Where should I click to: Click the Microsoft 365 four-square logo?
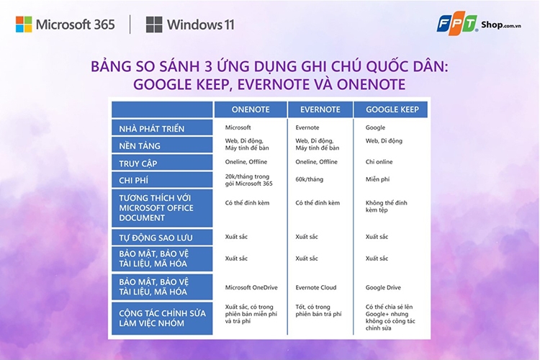tap(24, 24)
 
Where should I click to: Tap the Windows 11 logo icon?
tap(154, 24)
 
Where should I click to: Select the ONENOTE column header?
tap(250, 109)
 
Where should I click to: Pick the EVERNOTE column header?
tap(320, 109)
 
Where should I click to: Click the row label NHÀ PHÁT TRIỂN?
tap(152, 129)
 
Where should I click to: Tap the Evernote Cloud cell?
tap(317, 287)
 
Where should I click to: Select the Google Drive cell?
tap(384, 287)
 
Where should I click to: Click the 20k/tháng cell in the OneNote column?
tap(249, 180)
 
